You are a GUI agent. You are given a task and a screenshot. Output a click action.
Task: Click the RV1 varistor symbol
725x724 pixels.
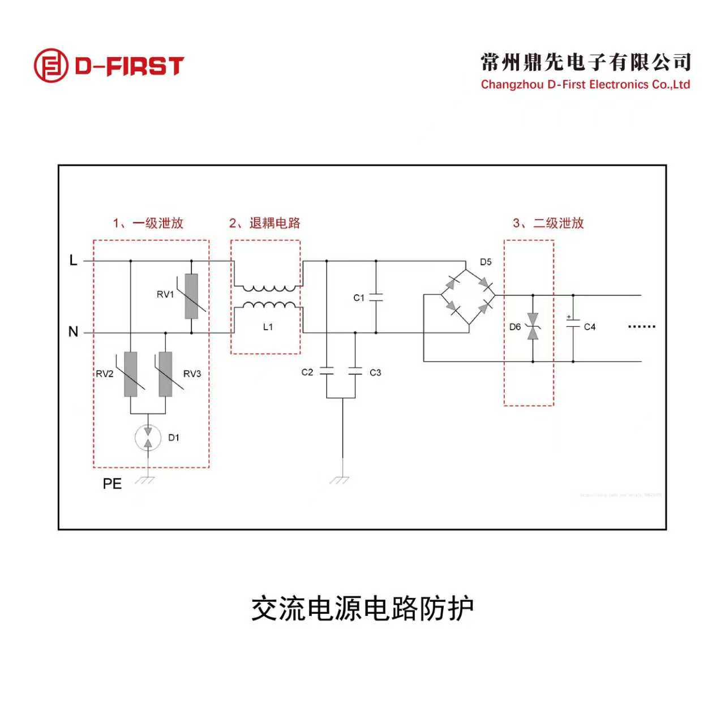pos(191,296)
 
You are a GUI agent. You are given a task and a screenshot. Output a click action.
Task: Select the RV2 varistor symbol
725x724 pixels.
pos(131,374)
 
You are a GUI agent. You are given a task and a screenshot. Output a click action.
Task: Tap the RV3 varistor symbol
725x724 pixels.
pos(165,374)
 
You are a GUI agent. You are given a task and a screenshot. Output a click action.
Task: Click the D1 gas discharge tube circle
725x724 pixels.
pos(148,437)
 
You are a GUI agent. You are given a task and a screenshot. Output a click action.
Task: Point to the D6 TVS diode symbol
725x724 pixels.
pos(533,327)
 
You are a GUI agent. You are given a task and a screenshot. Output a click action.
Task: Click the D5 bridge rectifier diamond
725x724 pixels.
pos(468,296)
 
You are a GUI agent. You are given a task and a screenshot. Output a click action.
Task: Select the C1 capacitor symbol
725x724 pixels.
pos(376,298)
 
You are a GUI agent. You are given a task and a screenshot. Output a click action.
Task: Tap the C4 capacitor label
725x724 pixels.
pos(590,327)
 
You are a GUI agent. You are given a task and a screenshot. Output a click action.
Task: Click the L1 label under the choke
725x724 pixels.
pos(268,327)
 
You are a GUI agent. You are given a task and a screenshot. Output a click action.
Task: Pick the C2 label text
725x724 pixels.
pos(307,372)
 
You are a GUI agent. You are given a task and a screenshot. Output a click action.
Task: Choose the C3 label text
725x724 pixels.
pos(375,372)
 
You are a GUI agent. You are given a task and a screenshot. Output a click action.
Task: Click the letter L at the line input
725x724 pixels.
pos(73,260)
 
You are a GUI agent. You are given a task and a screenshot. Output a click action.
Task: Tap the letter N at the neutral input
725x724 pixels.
pos(73,332)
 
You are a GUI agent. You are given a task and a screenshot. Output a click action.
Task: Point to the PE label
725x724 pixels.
pos(112,484)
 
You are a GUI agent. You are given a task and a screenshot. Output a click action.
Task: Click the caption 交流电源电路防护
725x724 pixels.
pos(362,609)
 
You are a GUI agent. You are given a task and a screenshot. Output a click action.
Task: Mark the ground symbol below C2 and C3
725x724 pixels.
pos(341,480)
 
